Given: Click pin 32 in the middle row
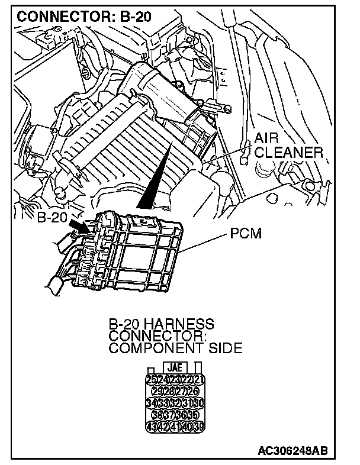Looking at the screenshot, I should coord(175,403).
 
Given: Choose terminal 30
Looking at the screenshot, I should coord(199,403).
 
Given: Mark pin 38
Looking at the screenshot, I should coord(157,415).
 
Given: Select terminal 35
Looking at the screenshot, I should coord(192,415).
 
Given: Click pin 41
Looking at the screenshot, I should coord(175,427).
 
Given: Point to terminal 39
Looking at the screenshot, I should coord(199,427).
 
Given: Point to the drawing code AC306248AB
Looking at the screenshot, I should coord(302,453).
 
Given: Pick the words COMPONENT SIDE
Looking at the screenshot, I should coord(175,348).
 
